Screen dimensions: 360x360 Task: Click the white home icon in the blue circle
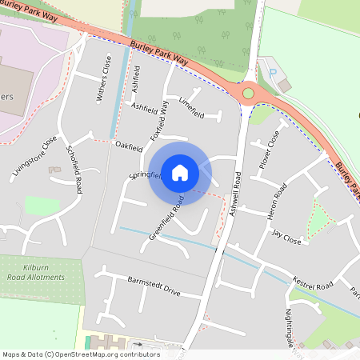180,172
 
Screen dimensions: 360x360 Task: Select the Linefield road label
192,108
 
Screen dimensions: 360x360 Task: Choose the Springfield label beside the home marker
145,175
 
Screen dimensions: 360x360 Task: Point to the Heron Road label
280,202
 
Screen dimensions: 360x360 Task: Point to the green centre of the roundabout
248,94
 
